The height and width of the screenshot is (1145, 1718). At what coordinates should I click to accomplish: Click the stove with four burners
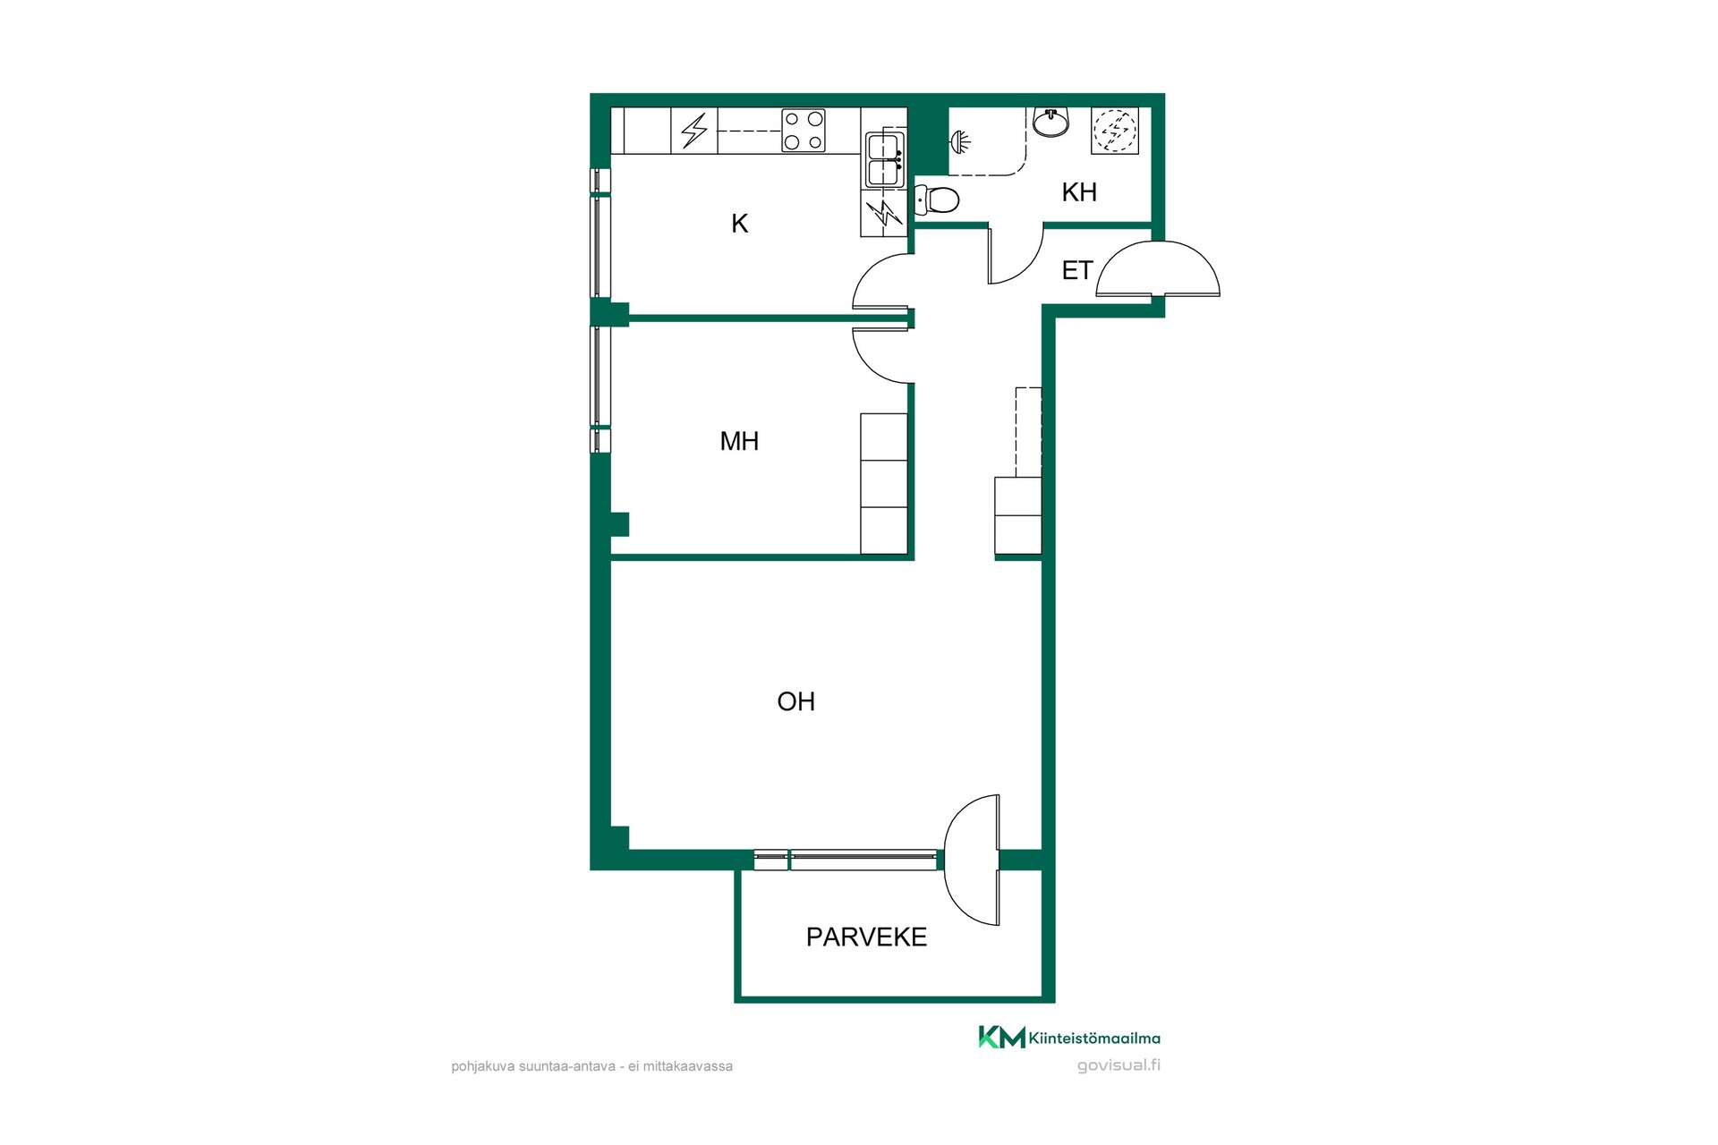point(804,131)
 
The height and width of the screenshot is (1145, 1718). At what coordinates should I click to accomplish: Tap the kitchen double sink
point(885,159)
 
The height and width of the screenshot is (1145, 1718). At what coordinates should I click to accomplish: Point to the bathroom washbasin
point(1051,123)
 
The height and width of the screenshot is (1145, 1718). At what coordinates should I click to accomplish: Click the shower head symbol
point(961,141)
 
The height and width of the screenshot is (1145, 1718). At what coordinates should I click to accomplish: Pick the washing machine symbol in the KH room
point(1115,131)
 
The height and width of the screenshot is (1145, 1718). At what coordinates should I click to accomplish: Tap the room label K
point(739,224)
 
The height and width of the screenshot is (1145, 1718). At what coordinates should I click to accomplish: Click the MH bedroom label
point(739,441)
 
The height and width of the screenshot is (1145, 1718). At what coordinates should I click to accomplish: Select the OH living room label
point(795,701)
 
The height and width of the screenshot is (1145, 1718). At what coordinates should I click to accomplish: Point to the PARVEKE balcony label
point(866,937)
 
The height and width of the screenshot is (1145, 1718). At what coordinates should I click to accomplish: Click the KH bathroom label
point(1079,191)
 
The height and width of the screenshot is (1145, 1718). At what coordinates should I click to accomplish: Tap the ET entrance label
point(1076,270)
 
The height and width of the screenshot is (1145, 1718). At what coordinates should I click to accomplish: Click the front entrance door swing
point(1158,269)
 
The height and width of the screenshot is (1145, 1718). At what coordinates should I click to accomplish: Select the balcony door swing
point(973,860)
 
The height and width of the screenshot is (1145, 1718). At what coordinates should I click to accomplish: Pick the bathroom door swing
point(1016,256)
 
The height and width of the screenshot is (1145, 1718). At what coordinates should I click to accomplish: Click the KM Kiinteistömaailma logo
point(1069,1038)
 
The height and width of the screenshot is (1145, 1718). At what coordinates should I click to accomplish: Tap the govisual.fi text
point(1118,1064)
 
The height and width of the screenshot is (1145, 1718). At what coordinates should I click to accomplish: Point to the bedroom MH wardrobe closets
point(884,483)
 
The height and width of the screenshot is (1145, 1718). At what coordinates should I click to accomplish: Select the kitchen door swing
point(882,283)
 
